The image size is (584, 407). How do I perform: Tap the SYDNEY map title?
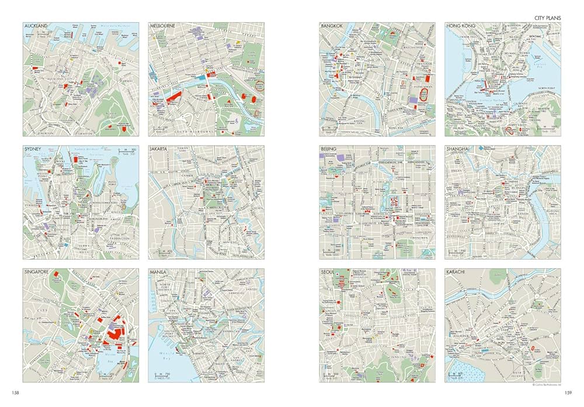(x=33, y=150)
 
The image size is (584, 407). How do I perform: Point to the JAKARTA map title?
(x=159, y=150)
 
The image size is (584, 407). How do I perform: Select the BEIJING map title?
(x=330, y=150)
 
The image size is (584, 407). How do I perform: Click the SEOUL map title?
(x=329, y=273)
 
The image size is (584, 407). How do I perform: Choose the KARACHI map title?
(x=458, y=273)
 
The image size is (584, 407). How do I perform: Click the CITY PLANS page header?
(x=547, y=18)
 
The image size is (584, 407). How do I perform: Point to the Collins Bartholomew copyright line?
(x=545, y=384)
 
